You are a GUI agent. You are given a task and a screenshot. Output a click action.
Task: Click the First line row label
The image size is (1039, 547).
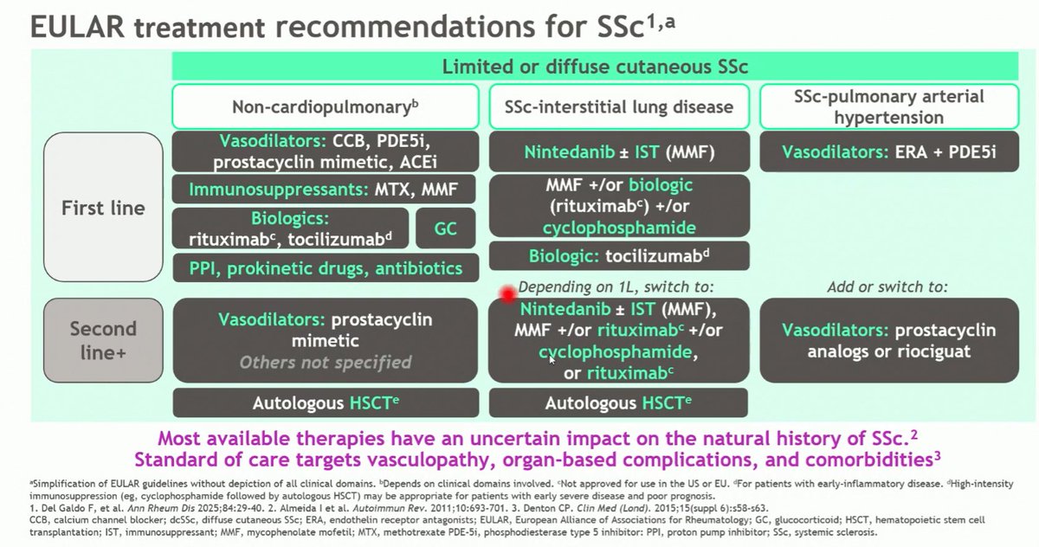[102, 208]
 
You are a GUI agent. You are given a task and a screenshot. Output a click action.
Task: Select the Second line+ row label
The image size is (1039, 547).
[102, 339]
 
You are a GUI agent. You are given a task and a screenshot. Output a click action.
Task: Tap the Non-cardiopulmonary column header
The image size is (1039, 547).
[325, 107]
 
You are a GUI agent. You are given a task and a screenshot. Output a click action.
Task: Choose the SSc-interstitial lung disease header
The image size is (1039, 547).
[618, 107]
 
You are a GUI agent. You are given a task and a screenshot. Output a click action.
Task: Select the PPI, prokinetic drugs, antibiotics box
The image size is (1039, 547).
[325, 268]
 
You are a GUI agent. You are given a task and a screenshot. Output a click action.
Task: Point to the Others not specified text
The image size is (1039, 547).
[325, 363]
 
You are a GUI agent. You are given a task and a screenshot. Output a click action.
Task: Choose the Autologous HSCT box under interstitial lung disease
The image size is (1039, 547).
[618, 403]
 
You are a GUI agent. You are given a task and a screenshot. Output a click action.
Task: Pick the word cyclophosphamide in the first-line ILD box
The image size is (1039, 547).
[618, 228]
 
